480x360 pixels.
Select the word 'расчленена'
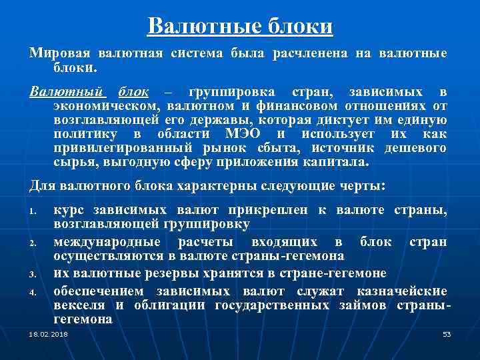305,53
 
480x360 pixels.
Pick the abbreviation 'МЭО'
250,134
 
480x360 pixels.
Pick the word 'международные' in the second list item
107,241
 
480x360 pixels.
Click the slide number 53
447,333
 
